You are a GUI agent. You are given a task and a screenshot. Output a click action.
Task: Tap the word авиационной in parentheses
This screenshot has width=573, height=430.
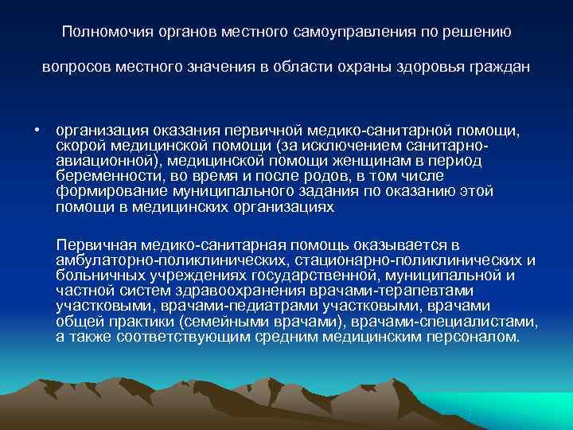pos(97,161)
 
